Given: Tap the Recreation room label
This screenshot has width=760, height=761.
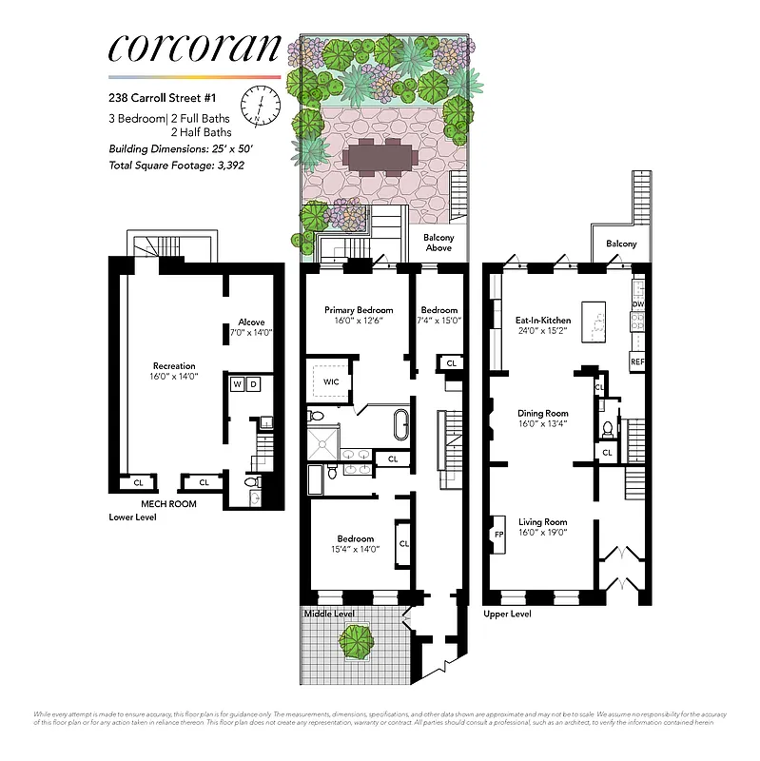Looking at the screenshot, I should [x=174, y=370].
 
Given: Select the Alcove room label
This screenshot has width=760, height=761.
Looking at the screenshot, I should [x=251, y=327].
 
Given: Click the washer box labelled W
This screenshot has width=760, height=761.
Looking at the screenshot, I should [x=236, y=384].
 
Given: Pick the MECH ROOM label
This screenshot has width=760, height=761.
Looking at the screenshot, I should [x=168, y=503].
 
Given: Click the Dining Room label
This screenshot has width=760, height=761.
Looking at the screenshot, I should [x=543, y=419].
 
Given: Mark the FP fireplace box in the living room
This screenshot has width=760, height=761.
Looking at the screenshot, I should [x=498, y=534].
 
